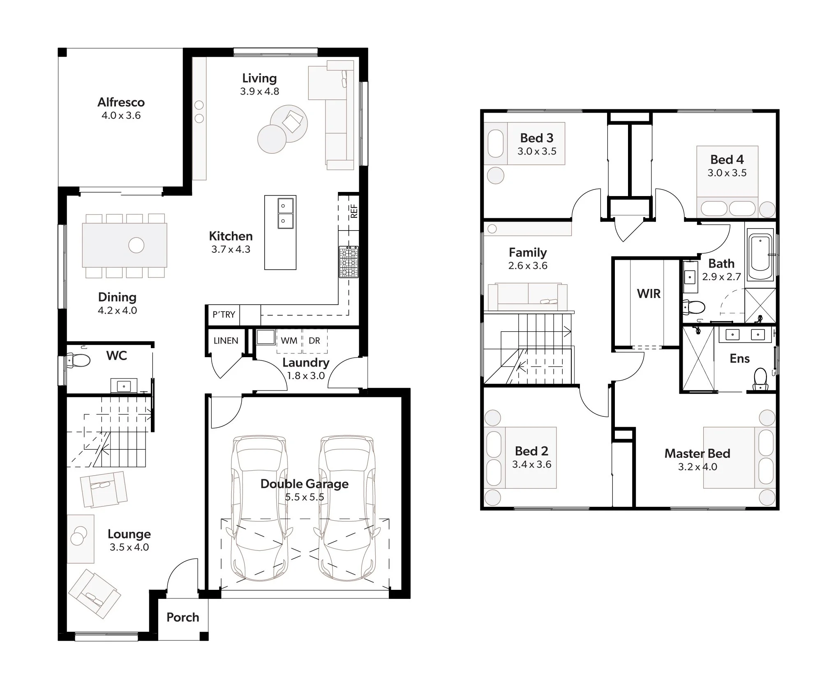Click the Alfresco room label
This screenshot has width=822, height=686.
(121, 102)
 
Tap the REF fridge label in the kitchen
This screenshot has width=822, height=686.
(354, 211)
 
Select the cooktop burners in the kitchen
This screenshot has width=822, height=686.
(349, 262)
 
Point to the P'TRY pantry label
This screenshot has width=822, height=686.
(224, 315)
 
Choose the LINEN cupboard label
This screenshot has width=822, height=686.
(226, 341)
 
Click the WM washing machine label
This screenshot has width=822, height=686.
(289, 341)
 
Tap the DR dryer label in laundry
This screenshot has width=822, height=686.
(314, 341)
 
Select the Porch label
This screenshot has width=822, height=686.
(182, 617)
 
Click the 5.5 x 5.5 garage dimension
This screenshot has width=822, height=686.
(305, 497)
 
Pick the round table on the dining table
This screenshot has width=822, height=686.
(136, 245)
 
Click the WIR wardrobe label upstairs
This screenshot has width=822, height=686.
(649, 294)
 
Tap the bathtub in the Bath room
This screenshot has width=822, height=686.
(760, 256)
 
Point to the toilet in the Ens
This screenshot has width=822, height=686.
(760, 379)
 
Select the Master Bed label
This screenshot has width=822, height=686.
(697, 454)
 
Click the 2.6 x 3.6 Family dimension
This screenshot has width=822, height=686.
(528, 266)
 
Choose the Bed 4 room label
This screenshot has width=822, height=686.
(727, 159)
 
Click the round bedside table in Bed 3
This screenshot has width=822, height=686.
(495, 176)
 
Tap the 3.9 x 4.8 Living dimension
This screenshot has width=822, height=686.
(259, 92)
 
